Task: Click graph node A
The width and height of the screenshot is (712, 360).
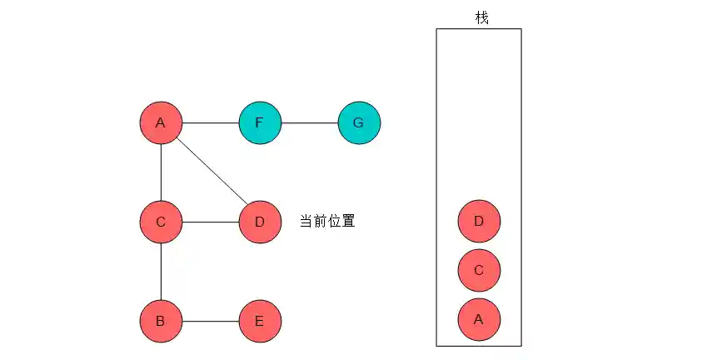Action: point(161,123)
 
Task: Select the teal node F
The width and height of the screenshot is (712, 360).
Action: point(260,123)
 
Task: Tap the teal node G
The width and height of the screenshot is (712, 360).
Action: point(359,123)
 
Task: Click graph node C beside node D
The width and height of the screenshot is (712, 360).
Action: point(161,222)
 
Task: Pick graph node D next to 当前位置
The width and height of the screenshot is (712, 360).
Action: point(260,222)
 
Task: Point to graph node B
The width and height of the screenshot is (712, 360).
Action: point(161,321)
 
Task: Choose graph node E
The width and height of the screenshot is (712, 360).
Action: point(260,321)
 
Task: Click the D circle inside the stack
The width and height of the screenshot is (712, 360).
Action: point(479,221)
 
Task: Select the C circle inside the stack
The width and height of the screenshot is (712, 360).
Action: point(479,270)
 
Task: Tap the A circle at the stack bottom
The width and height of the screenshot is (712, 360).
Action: point(479,318)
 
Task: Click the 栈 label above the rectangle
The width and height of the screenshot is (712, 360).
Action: point(482,17)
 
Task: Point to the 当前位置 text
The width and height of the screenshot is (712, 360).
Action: point(327,222)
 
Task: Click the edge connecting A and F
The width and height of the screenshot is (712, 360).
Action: point(210,123)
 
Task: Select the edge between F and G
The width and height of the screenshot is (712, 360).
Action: point(309,123)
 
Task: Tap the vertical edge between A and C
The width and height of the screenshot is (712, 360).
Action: point(161,172)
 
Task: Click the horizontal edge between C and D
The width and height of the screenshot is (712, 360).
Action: point(210,222)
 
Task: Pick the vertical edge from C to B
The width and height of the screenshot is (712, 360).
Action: point(161,272)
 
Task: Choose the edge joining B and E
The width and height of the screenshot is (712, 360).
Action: point(210,321)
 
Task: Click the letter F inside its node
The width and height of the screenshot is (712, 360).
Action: point(260,123)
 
